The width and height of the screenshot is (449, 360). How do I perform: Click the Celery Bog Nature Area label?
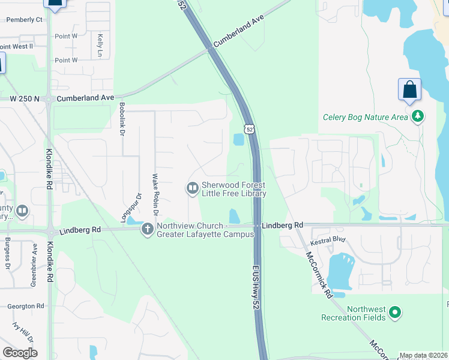pyautogui.click(x=365, y=117)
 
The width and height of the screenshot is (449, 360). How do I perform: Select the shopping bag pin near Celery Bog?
pyautogui.click(x=409, y=89)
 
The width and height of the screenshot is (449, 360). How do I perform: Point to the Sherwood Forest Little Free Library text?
pyautogui.click(x=234, y=189)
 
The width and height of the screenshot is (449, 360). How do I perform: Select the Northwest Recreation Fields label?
pyautogui.click(x=353, y=313)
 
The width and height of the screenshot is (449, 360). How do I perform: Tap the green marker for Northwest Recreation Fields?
pyautogui.click(x=395, y=312)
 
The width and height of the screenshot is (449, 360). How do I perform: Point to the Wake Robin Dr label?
pyautogui.click(x=155, y=194)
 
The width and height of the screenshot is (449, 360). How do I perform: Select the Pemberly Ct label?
pyautogui.click(x=24, y=19)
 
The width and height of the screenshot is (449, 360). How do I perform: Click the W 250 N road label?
pyautogui.click(x=25, y=98)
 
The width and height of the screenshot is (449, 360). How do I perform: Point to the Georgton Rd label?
pyautogui.click(x=26, y=306)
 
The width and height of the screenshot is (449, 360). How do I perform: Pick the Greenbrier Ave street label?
pyautogui.click(x=34, y=264)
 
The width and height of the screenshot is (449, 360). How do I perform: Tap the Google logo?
pyautogui.click(x=20, y=352)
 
